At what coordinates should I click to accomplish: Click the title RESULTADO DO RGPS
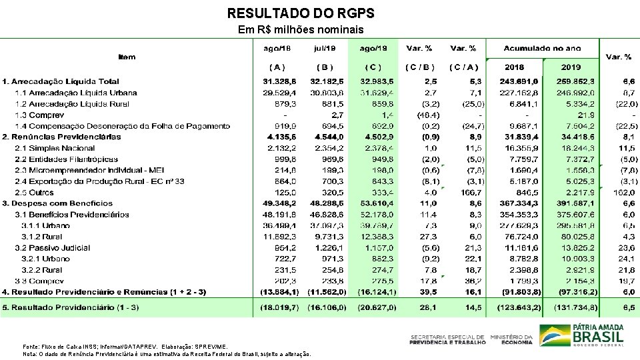click(301, 13)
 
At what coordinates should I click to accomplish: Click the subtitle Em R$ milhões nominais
click(301, 30)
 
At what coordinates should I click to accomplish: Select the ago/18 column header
click(277, 48)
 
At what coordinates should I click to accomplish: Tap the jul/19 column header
click(325, 48)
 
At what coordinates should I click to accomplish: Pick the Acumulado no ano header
click(542, 48)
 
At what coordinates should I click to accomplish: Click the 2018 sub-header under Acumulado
click(514, 67)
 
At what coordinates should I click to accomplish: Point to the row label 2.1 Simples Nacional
click(55, 148)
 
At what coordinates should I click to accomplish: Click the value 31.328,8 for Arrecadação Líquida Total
click(278, 81)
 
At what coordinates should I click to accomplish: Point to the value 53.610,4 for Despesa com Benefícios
click(374, 203)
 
